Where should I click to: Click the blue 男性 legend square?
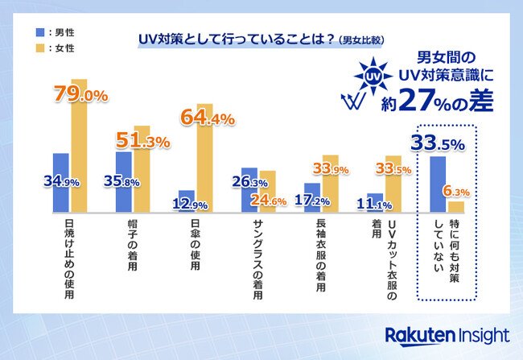click(39, 31)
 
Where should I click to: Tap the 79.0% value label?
click(80, 96)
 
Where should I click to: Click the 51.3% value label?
click(143, 142)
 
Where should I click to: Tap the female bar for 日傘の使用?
click(204, 169)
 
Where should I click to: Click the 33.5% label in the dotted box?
click(439, 144)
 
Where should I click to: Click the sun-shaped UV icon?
click(372, 77)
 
